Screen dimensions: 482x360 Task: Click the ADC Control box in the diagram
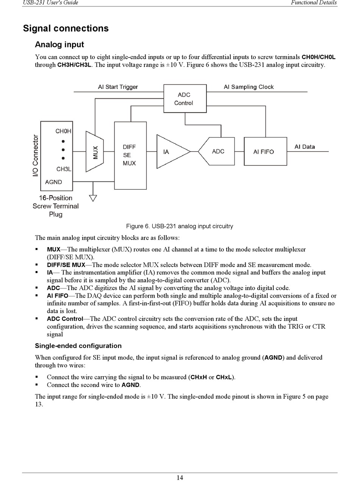point(185,98)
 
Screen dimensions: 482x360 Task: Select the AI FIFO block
point(265,151)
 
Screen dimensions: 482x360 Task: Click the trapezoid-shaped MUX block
point(95,151)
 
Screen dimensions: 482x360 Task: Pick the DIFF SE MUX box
point(130,155)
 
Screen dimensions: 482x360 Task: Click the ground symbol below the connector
point(93,198)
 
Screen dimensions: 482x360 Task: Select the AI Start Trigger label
point(118,87)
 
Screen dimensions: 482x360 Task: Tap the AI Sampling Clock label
point(249,87)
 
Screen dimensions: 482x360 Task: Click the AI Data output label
point(305,147)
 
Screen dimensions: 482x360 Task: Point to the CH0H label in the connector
point(63,131)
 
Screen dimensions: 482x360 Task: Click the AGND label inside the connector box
point(53,182)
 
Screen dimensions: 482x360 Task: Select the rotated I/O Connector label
point(36,155)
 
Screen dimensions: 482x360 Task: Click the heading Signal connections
point(66,28)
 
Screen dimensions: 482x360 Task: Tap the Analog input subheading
point(59,45)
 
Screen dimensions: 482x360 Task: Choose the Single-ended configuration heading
point(78,346)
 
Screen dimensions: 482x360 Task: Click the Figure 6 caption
point(179,226)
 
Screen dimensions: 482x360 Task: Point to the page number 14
point(180,477)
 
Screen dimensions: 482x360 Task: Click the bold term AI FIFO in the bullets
point(57,296)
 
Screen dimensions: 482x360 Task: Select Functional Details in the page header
point(313,3)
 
